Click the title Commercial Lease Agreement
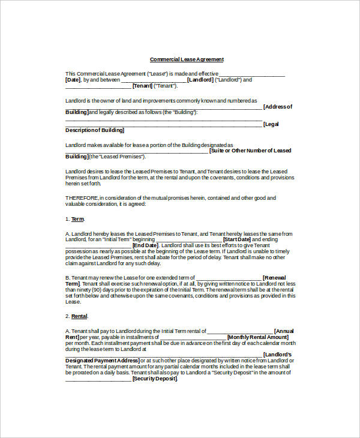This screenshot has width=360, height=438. (187, 59)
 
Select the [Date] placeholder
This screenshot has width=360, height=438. (73, 80)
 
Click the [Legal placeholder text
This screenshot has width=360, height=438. (271, 124)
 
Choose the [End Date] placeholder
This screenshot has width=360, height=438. (145, 246)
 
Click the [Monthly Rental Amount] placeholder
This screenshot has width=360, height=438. (258, 337)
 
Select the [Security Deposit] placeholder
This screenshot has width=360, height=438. (155, 379)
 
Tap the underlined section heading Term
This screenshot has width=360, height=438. (77, 219)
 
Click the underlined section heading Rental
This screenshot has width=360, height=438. (79, 316)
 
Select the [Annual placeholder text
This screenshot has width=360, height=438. (284, 331)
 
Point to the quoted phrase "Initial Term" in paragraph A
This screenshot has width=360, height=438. (117, 239)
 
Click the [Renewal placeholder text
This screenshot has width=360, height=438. (275, 278)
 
